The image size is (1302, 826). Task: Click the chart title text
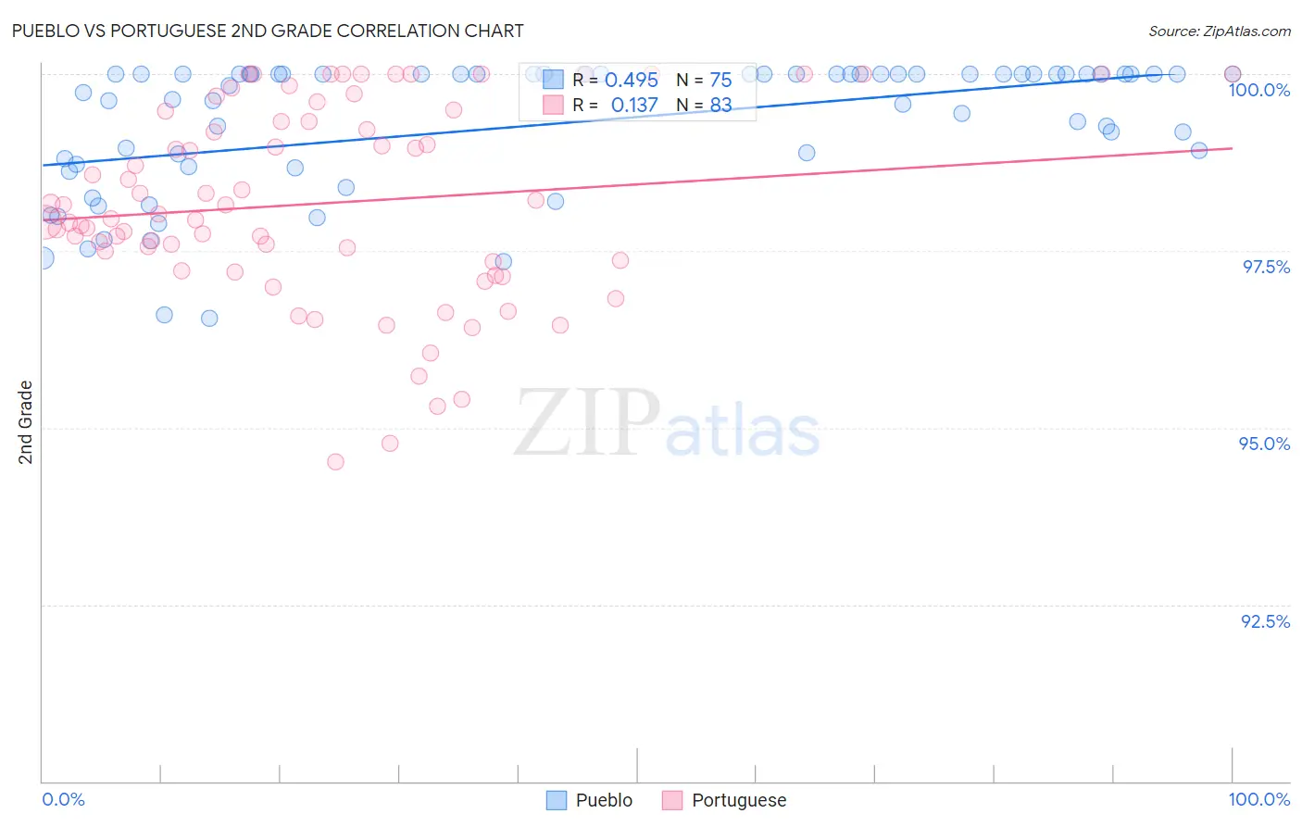[x=267, y=31]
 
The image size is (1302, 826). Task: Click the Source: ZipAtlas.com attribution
[x=1219, y=31]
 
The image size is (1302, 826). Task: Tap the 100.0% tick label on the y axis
[x=1258, y=90]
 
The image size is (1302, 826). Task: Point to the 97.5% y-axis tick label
[x=1266, y=267]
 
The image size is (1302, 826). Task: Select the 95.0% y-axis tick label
[x=1264, y=444]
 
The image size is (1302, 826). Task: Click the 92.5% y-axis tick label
[x=1265, y=621]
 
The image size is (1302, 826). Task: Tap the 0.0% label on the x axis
[x=63, y=799]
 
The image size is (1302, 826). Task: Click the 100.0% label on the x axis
[x=1258, y=799]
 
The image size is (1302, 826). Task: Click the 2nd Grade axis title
[x=25, y=422]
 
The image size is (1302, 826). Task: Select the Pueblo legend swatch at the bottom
[x=556, y=800]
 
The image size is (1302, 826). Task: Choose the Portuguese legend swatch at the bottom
[x=672, y=800]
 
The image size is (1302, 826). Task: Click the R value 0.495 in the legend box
[x=632, y=81]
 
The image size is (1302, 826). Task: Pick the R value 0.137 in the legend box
[x=634, y=106]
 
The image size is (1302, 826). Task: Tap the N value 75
[x=720, y=81]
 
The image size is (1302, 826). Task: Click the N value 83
[x=720, y=106]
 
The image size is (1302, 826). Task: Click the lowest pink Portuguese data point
[x=335, y=461]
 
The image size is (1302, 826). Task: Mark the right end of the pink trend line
[x=1232, y=148]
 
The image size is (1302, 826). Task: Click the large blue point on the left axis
[x=43, y=258]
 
